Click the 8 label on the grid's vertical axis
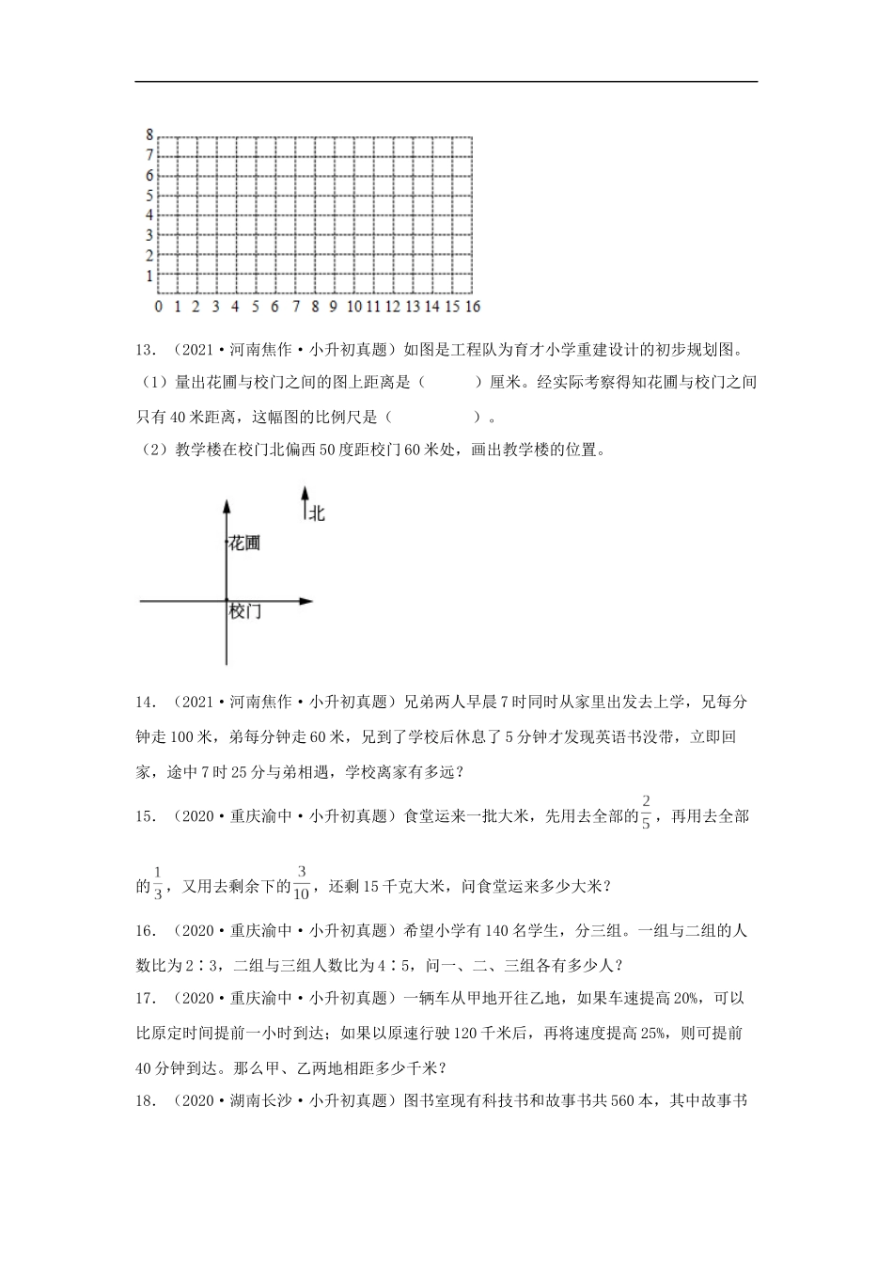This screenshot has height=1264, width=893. pos(149,134)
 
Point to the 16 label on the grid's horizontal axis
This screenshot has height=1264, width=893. pos(472,307)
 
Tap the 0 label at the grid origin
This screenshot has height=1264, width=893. pos(158,307)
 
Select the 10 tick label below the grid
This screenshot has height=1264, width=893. pos(354,307)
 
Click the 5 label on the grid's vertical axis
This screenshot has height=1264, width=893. pos(149,196)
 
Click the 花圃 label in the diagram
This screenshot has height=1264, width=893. pos(244,543)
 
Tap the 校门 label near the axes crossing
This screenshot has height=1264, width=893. pos(244,611)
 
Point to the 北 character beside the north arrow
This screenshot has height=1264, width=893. pos(317,513)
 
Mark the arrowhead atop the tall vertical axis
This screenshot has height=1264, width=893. pos(227,506)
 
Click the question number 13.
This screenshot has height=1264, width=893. pos(145,351)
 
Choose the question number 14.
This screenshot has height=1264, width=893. pos(145,703)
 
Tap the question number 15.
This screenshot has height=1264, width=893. pos(145,816)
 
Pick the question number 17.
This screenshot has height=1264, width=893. pos(145,998)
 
